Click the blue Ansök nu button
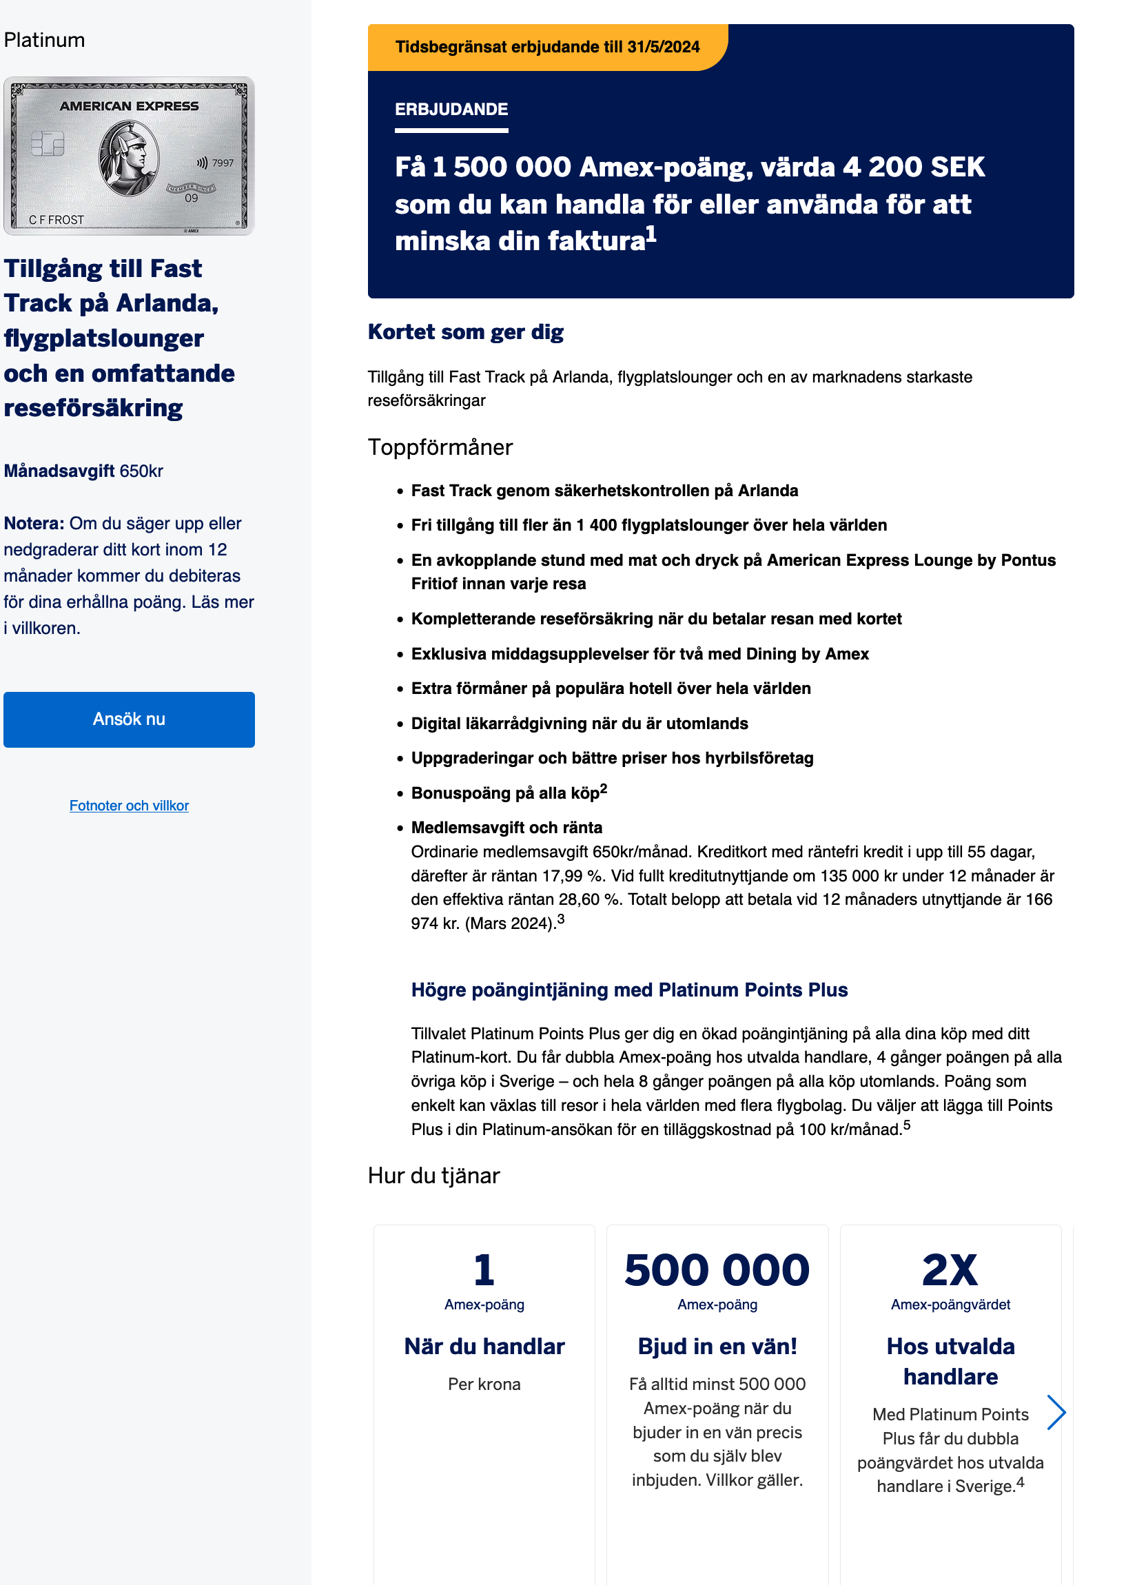point(129,719)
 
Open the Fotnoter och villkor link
point(129,806)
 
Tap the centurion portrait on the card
point(129,158)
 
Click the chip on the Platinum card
point(48,144)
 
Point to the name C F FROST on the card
point(56,220)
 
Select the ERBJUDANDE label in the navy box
point(451,110)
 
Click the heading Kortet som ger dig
point(465,332)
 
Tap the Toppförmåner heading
point(440,447)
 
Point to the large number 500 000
point(717,1270)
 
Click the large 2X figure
point(950,1270)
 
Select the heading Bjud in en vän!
point(717,1347)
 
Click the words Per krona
point(484,1384)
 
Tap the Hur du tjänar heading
point(433,1176)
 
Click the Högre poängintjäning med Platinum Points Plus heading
point(629,990)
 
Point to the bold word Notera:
point(34,524)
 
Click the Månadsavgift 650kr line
point(84,471)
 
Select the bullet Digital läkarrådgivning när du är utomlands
point(579,724)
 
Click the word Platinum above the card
point(44,40)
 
